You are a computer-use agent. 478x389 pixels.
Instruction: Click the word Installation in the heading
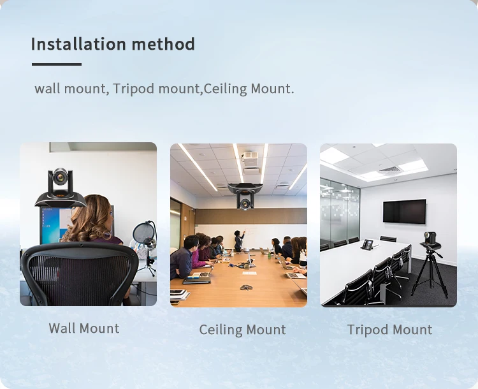click(78, 43)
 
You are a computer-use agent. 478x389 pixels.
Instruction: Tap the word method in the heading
click(163, 43)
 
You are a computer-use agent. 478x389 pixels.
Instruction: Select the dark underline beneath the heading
click(57, 64)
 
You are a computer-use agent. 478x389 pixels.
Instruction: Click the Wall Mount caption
click(84, 328)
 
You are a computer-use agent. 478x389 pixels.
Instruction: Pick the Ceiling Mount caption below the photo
click(242, 330)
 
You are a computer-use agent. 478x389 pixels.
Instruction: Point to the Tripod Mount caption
click(389, 330)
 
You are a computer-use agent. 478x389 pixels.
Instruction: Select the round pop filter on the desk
click(143, 233)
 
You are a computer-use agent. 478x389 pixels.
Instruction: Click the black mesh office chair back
click(79, 273)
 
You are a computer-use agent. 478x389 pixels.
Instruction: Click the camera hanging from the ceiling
click(245, 196)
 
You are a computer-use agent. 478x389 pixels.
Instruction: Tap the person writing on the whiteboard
click(239, 240)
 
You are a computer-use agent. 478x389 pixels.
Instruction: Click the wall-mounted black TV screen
click(405, 211)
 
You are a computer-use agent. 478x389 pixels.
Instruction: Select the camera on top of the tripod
click(430, 240)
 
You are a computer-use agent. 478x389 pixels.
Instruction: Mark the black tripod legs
click(430, 273)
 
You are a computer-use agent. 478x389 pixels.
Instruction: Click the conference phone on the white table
click(368, 245)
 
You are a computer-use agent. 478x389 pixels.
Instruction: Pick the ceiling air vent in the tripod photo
click(389, 170)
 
